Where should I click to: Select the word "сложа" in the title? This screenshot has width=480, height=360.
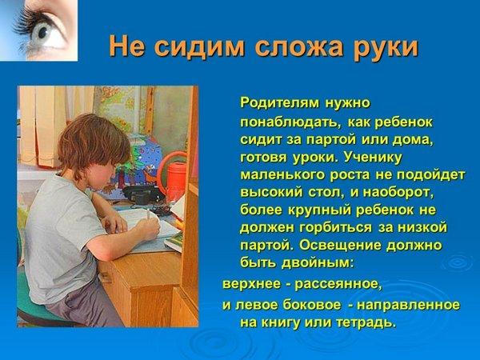tap(298, 46)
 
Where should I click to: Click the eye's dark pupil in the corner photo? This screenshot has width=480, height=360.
tap(42, 31)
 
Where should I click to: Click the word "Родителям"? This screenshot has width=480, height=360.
tap(278, 103)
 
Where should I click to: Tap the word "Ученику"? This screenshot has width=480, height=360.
tap(373, 158)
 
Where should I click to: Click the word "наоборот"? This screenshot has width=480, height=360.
tap(398, 193)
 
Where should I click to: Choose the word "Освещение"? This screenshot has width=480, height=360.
tap(340, 246)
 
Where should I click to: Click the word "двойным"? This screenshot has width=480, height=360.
tap(318, 263)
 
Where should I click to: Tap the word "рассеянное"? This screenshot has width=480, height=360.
tap(338, 284)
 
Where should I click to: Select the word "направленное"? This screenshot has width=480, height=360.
tap(408, 305)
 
